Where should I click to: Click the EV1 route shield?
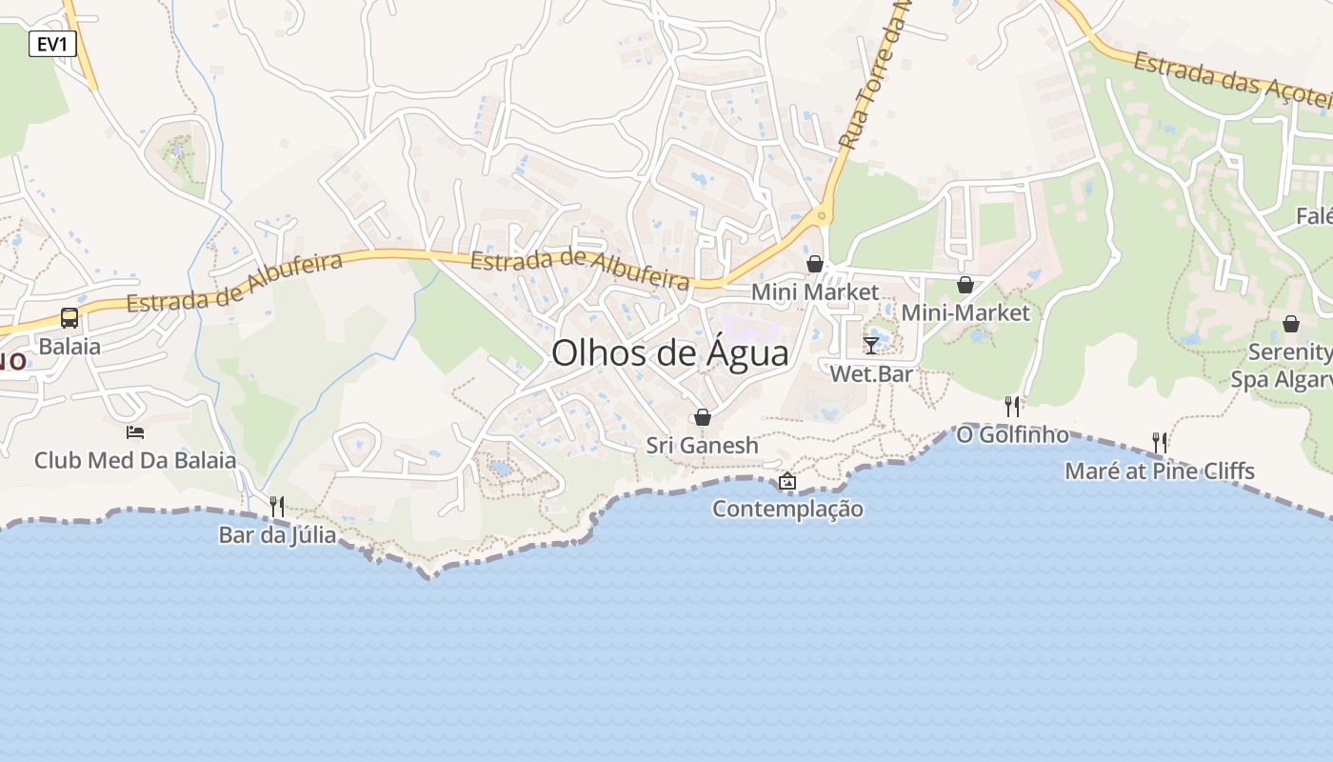click(x=52, y=44)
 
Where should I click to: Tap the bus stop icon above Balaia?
click(x=70, y=318)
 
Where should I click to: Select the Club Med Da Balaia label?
click(x=135, y=461)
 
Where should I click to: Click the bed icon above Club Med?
click(x=135, y=432)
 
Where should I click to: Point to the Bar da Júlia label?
click(x=277, y=535)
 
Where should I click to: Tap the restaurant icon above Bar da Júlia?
click(x=277, y=506)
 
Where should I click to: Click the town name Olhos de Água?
click(x=670, y=353)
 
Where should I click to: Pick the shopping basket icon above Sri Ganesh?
click(x=703, y=417)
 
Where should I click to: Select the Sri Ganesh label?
click(x=703, y=445)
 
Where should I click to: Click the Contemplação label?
click(x=787, y=509)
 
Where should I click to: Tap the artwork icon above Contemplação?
click(x=787, y=482)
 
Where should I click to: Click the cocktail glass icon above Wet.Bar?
click(x=871, y=345)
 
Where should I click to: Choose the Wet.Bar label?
click(x=871, y=373)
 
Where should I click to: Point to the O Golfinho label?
click(x=1013, y=434)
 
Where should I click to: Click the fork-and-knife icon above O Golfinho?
click(x=1013, y=407)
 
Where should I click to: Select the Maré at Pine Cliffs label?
click(x=1160, y=471)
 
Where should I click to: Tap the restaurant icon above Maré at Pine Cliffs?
click(x=1160, y=442)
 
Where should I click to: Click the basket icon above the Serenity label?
click(x=1291, y=325)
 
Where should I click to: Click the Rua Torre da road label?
click(x=874, y=76)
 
